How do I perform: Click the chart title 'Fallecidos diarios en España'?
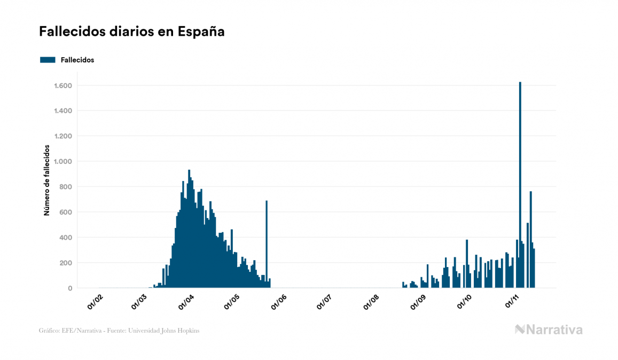pos(131,32)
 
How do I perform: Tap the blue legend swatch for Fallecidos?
pos(48,60)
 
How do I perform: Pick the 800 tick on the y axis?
pos(66,187)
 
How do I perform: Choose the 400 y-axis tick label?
pos(66,238)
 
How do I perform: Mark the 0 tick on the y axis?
pos(70,288)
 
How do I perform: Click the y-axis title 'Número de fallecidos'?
pos(46,180)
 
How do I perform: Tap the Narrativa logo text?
pos(554,330)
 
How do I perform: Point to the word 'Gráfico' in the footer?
pos(49,331)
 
